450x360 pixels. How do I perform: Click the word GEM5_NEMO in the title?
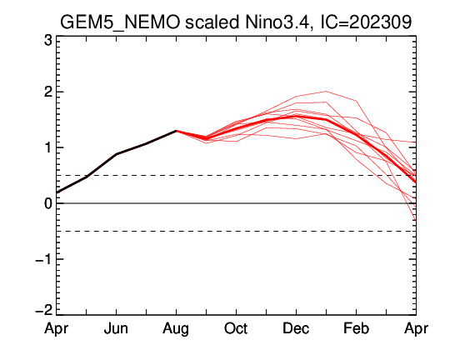120,22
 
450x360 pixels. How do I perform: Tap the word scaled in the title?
212,22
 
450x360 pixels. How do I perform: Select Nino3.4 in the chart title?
277,22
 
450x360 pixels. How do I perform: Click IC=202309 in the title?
366,22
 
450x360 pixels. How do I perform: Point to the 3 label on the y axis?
48,41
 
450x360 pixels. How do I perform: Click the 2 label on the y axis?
48,92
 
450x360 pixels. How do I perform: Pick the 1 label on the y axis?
48,147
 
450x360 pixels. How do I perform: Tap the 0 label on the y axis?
48,203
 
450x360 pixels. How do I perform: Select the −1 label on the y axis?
44,259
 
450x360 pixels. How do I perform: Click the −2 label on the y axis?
44,311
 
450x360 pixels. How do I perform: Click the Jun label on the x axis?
116,328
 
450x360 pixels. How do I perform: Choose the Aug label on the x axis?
176,329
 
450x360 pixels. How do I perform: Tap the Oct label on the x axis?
236,328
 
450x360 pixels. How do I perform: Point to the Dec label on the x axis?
296,328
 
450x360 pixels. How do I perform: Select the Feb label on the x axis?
356,328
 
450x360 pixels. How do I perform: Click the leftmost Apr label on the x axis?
57,329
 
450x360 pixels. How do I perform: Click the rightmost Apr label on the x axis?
416,329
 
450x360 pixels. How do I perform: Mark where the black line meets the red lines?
176,131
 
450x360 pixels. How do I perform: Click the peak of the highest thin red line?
326,92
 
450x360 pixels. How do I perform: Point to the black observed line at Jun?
116,154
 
